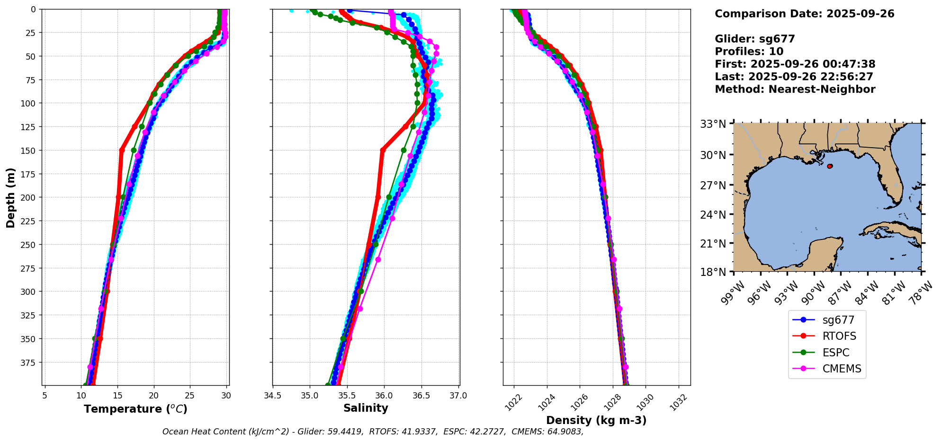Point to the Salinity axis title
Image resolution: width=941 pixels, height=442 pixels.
tap(366, 408)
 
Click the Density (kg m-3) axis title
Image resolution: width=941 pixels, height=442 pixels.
tap(596, 420)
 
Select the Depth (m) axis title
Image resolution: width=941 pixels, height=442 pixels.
tap(10, 197)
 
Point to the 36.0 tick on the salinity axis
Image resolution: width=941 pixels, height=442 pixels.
tap(384, 396)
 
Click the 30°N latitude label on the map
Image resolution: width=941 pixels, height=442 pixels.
tap(713, 155)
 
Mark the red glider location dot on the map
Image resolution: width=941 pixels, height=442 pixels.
tap(830, 166)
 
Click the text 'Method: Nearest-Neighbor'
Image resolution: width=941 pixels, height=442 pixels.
tap(795, 89)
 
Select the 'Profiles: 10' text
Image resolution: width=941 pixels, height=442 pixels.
tap(749, 52)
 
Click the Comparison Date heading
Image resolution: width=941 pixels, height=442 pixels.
tap(804, 14)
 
